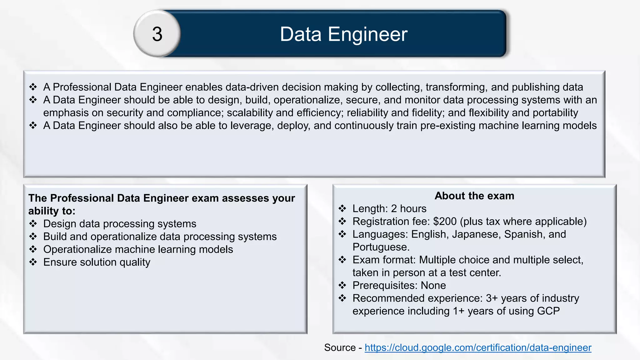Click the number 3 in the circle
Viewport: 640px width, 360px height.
point(157,34)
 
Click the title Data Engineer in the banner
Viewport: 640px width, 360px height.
point(343,34)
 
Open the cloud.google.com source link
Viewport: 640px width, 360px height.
point(478,347)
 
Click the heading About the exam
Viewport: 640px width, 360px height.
point(474,196)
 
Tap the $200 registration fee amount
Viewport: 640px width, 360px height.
point(445,221)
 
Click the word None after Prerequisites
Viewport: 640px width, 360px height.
point(433,285)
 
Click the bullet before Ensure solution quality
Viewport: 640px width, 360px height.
point(33,262)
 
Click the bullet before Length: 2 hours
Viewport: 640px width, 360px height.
point(342,208)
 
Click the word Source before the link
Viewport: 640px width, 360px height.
point(340,347)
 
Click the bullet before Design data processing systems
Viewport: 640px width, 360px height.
point(33,224)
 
